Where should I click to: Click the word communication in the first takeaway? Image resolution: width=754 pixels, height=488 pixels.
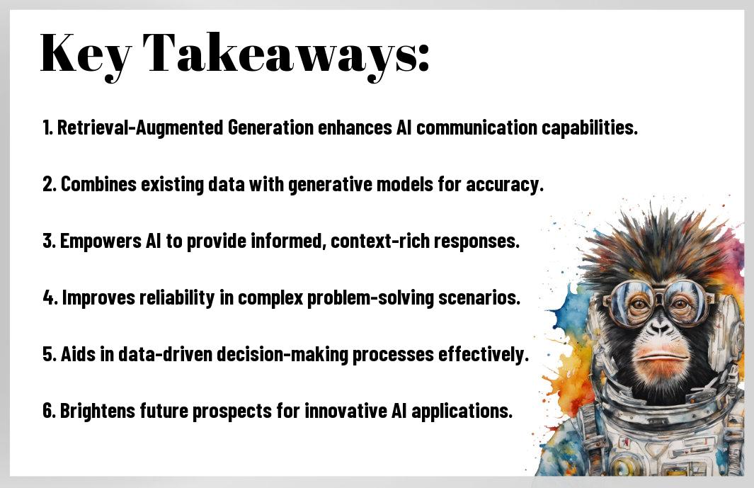476,127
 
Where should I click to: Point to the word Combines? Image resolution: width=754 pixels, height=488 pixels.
98,184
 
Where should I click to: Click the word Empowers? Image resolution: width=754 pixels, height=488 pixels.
101,241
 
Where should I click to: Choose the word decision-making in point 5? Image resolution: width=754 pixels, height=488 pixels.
282,354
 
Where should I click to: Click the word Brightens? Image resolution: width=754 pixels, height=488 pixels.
98,411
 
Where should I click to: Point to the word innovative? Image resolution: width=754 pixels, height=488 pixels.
345,411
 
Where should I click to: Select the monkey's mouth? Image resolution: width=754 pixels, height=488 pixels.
661,358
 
